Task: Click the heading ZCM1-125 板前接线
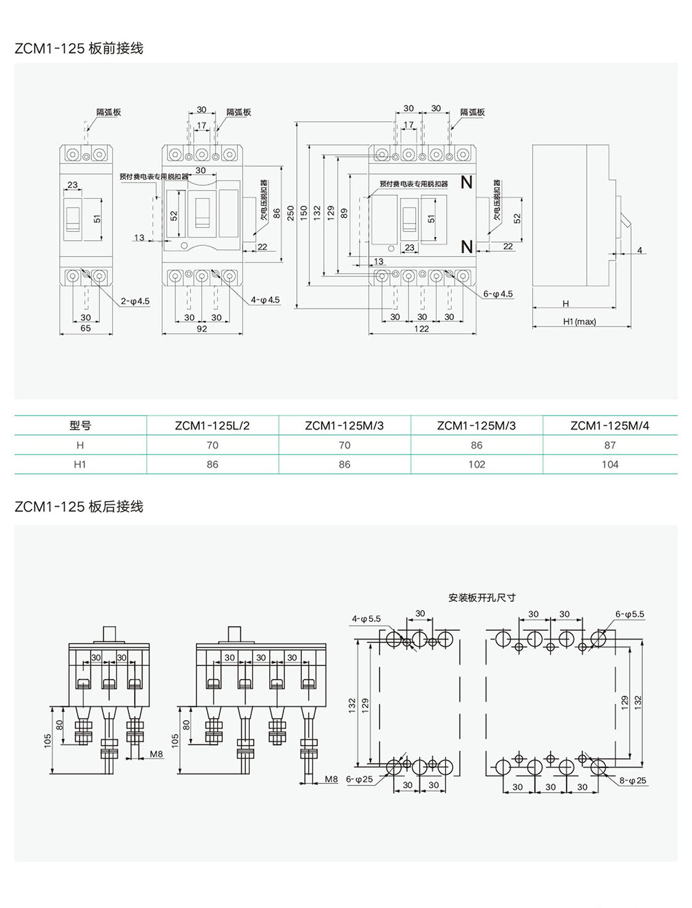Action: pos(79,48)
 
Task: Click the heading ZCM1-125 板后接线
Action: pos(79,507)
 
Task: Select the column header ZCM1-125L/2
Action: pos(212,426)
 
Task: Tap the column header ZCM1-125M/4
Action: pos(609,426)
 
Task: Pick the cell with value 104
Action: pos(609,465)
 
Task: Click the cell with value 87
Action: pos(609,445)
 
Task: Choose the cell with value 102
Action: pos(477,465)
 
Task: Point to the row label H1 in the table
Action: pos(80,465)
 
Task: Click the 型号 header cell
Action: pos(80,426)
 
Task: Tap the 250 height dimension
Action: pos(291,213)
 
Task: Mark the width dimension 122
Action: pos(422,329)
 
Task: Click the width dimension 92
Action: pos(202,329)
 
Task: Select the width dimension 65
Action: pos(86,328)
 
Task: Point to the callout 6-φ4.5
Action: pos(498,294)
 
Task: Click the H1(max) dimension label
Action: pos(579,322)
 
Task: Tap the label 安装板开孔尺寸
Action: pos(481,598)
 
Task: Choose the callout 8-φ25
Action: pos(633,781)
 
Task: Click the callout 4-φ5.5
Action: pos(366,619)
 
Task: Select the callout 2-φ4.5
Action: pos(135,302)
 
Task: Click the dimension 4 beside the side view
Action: pos(640,250)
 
